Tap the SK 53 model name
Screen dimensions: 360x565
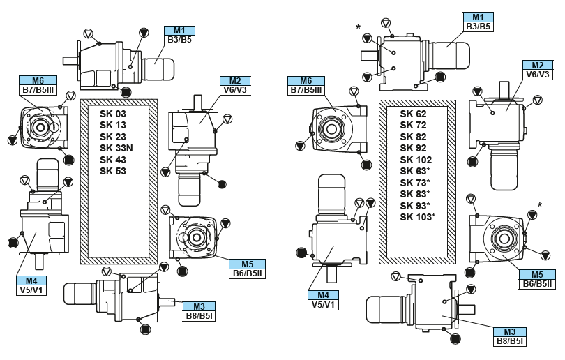click(113, 170)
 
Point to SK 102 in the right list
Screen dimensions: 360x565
click(414, 159)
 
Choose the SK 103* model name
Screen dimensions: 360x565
click(417, 216)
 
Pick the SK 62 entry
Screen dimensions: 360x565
click(412, 114)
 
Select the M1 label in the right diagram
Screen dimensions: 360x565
click(479, 17)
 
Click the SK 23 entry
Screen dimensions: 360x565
click(113, 137)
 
